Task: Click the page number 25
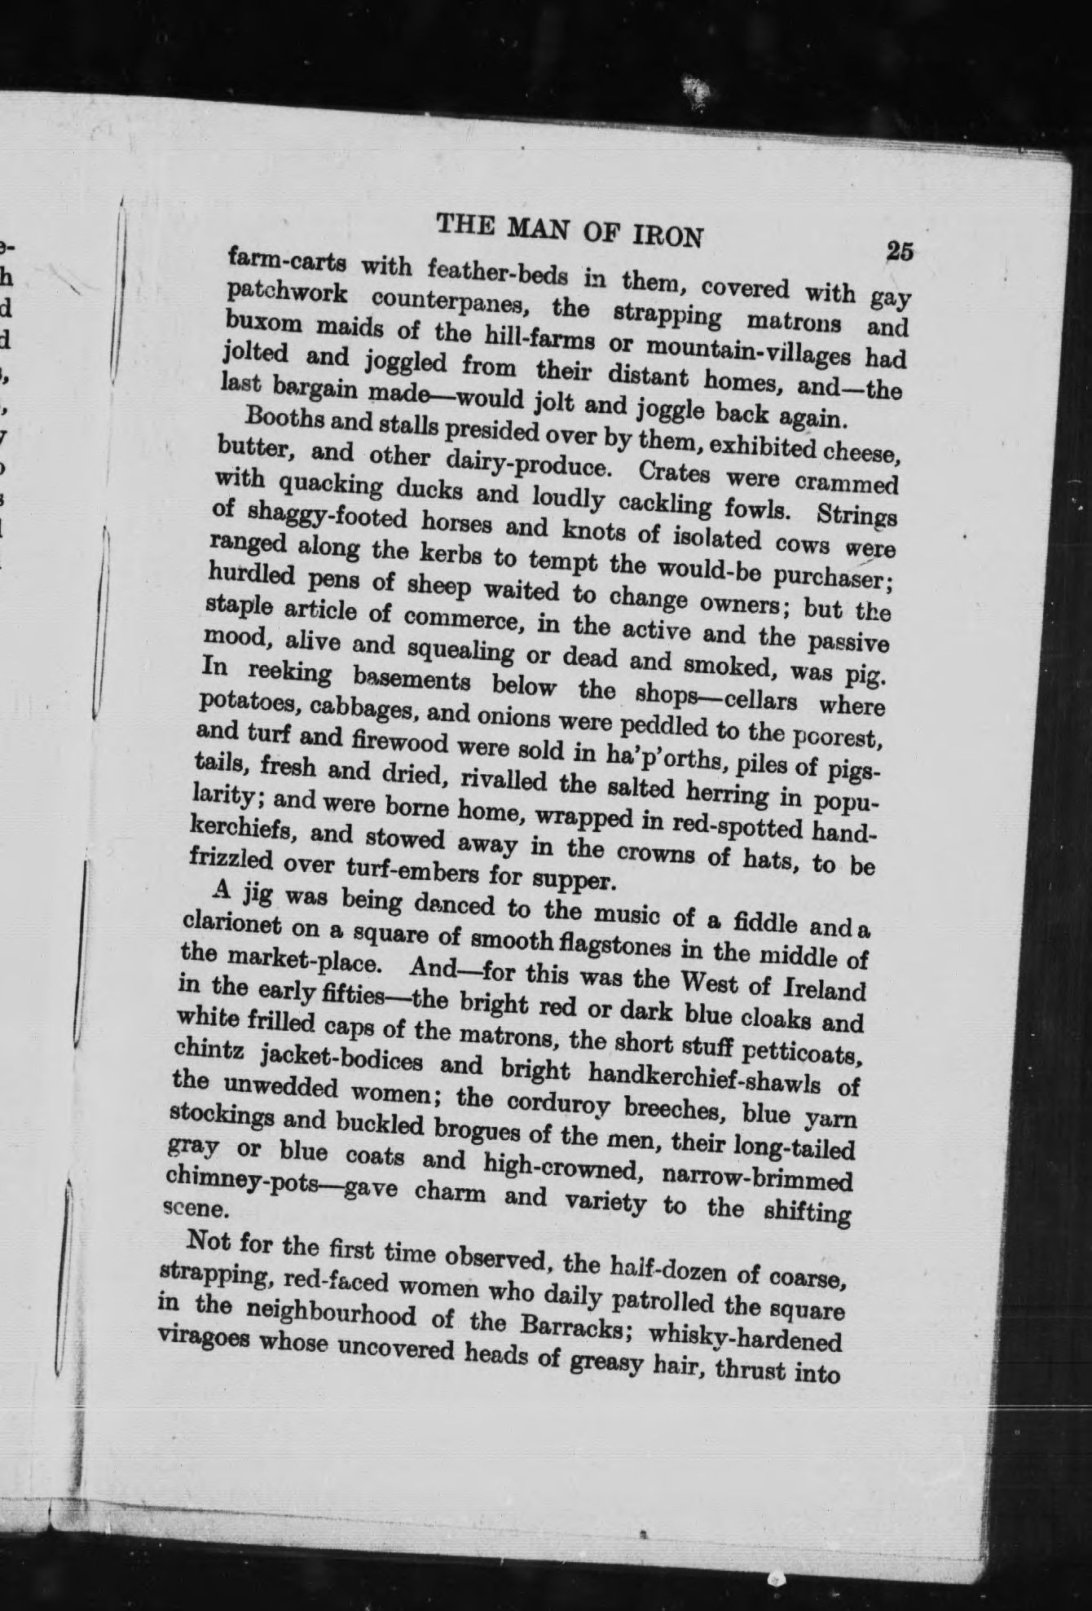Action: point(899,250)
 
